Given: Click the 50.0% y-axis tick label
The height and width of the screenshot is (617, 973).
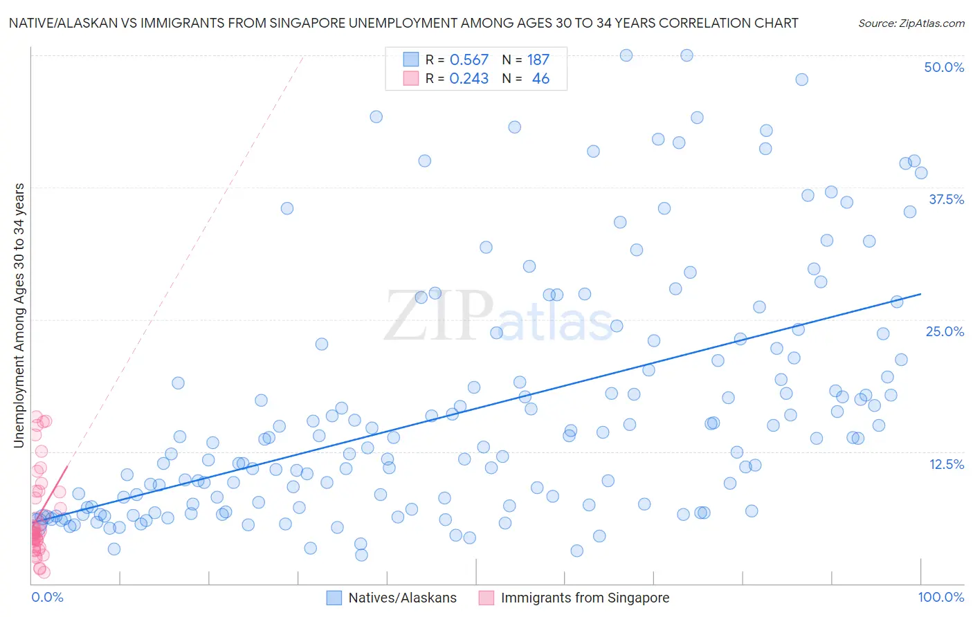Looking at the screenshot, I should coord(944,68).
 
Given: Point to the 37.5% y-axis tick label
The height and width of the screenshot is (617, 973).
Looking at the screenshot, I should coord(946,200).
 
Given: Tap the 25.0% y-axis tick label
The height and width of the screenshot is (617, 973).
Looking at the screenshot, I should coord(945,332).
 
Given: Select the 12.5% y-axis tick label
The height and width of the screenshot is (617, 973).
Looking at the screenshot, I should coord(946,464).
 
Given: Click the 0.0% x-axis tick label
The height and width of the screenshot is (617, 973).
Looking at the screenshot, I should coord(47,598).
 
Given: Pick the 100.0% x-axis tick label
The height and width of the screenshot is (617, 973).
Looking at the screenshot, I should coord(940,598).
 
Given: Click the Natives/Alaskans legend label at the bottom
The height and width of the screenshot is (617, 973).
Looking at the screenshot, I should coord(402,598).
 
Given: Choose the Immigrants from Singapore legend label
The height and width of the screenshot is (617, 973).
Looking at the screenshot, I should coord(585,598).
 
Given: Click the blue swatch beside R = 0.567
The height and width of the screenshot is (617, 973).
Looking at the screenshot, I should coord(411,60).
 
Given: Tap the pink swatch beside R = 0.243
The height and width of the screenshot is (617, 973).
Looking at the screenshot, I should coord(411,79).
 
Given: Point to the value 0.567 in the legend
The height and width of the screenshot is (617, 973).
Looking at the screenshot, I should coord(469,60).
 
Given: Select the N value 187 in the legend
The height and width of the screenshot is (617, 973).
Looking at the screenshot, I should coord(538,60).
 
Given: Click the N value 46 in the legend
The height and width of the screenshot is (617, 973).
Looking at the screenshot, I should coord(540,79).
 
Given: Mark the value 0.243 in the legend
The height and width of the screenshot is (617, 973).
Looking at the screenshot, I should coord(469,79).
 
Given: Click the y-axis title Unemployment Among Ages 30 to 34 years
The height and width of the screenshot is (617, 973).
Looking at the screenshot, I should coord(19,315).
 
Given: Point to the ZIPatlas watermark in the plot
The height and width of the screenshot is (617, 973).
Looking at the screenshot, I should coord(498,317).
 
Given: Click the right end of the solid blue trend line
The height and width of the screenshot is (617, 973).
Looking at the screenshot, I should coord(920,294).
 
